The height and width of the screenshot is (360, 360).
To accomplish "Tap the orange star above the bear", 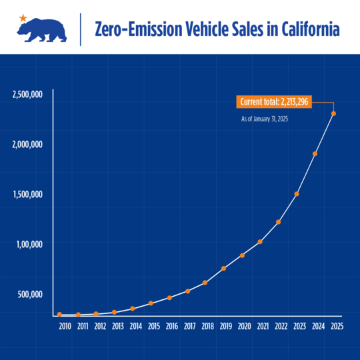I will coord(23,17).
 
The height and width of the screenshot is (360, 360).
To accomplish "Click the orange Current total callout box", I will coord(274,102).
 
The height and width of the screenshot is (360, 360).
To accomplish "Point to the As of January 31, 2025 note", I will coord(264,119).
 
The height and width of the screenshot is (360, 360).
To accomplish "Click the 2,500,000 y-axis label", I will coord(28,94).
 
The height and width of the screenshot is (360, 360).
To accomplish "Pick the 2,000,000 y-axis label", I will coord(28,144).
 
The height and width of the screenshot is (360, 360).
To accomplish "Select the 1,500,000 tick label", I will coord(28,194).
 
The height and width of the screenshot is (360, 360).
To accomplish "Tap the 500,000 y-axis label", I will coord(29,294).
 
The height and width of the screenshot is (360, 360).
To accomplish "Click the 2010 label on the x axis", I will coord(65,326).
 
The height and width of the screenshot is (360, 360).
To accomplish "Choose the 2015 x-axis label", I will coord(154,326).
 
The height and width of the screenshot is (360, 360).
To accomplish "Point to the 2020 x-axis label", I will coord(245,326).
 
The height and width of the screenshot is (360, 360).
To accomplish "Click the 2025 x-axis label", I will coord(337,326).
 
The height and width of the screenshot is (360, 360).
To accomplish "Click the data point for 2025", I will coord(333,113).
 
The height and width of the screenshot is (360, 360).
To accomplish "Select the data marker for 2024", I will coord(315,153).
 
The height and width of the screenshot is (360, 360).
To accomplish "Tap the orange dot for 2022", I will coord(278,221).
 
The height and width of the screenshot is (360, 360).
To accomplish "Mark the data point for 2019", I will coord(223,268).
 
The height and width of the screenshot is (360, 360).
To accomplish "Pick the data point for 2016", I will coord(170,297).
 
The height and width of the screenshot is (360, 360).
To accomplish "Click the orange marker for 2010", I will coord(60,314).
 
